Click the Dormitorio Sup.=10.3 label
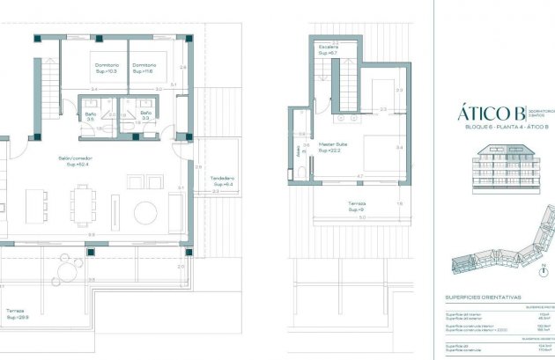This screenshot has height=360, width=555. (x=105, y=68)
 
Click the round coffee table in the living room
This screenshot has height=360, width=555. (x=146, y=212)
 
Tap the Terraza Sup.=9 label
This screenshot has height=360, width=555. (x=356, y=207)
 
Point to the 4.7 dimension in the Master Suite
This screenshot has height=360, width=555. (x=359, y=177)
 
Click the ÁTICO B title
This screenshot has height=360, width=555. (x=485, y=113)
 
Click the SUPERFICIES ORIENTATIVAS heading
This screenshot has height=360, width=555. (x=484, y=298)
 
